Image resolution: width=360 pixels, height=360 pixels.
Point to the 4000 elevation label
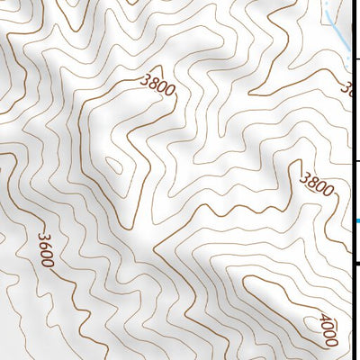(326, 329)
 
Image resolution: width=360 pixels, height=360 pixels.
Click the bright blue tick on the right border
(356, 221)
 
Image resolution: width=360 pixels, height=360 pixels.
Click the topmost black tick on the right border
(357, 58)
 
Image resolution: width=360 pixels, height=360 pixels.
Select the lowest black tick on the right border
(357, 263)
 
